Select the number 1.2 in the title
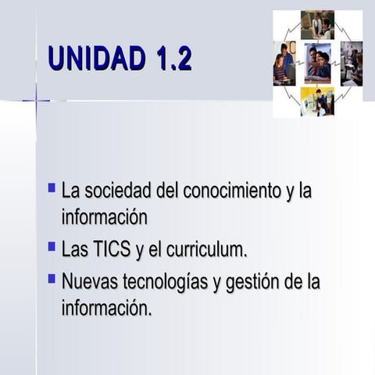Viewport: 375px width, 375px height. click(173, 59)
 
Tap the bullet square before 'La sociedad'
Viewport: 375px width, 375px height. click(52, 188)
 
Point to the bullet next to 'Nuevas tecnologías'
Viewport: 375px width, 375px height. click(52, 277)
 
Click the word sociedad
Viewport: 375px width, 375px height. click(119, 190)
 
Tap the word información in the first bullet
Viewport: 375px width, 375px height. click(104, 216)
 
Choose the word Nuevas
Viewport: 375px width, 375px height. click(87, 281)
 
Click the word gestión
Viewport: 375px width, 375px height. click(249, 282)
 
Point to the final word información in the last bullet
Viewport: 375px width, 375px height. click(105, 309)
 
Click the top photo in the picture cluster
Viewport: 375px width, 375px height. click(317, 25)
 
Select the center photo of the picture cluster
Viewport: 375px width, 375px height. click(317, 63)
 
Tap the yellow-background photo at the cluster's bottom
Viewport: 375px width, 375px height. click(317, 102)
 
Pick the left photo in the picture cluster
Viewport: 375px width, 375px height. click(284, 63)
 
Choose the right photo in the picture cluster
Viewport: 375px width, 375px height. click(351, 63)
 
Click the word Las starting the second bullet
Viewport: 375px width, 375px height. click(74, 250)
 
